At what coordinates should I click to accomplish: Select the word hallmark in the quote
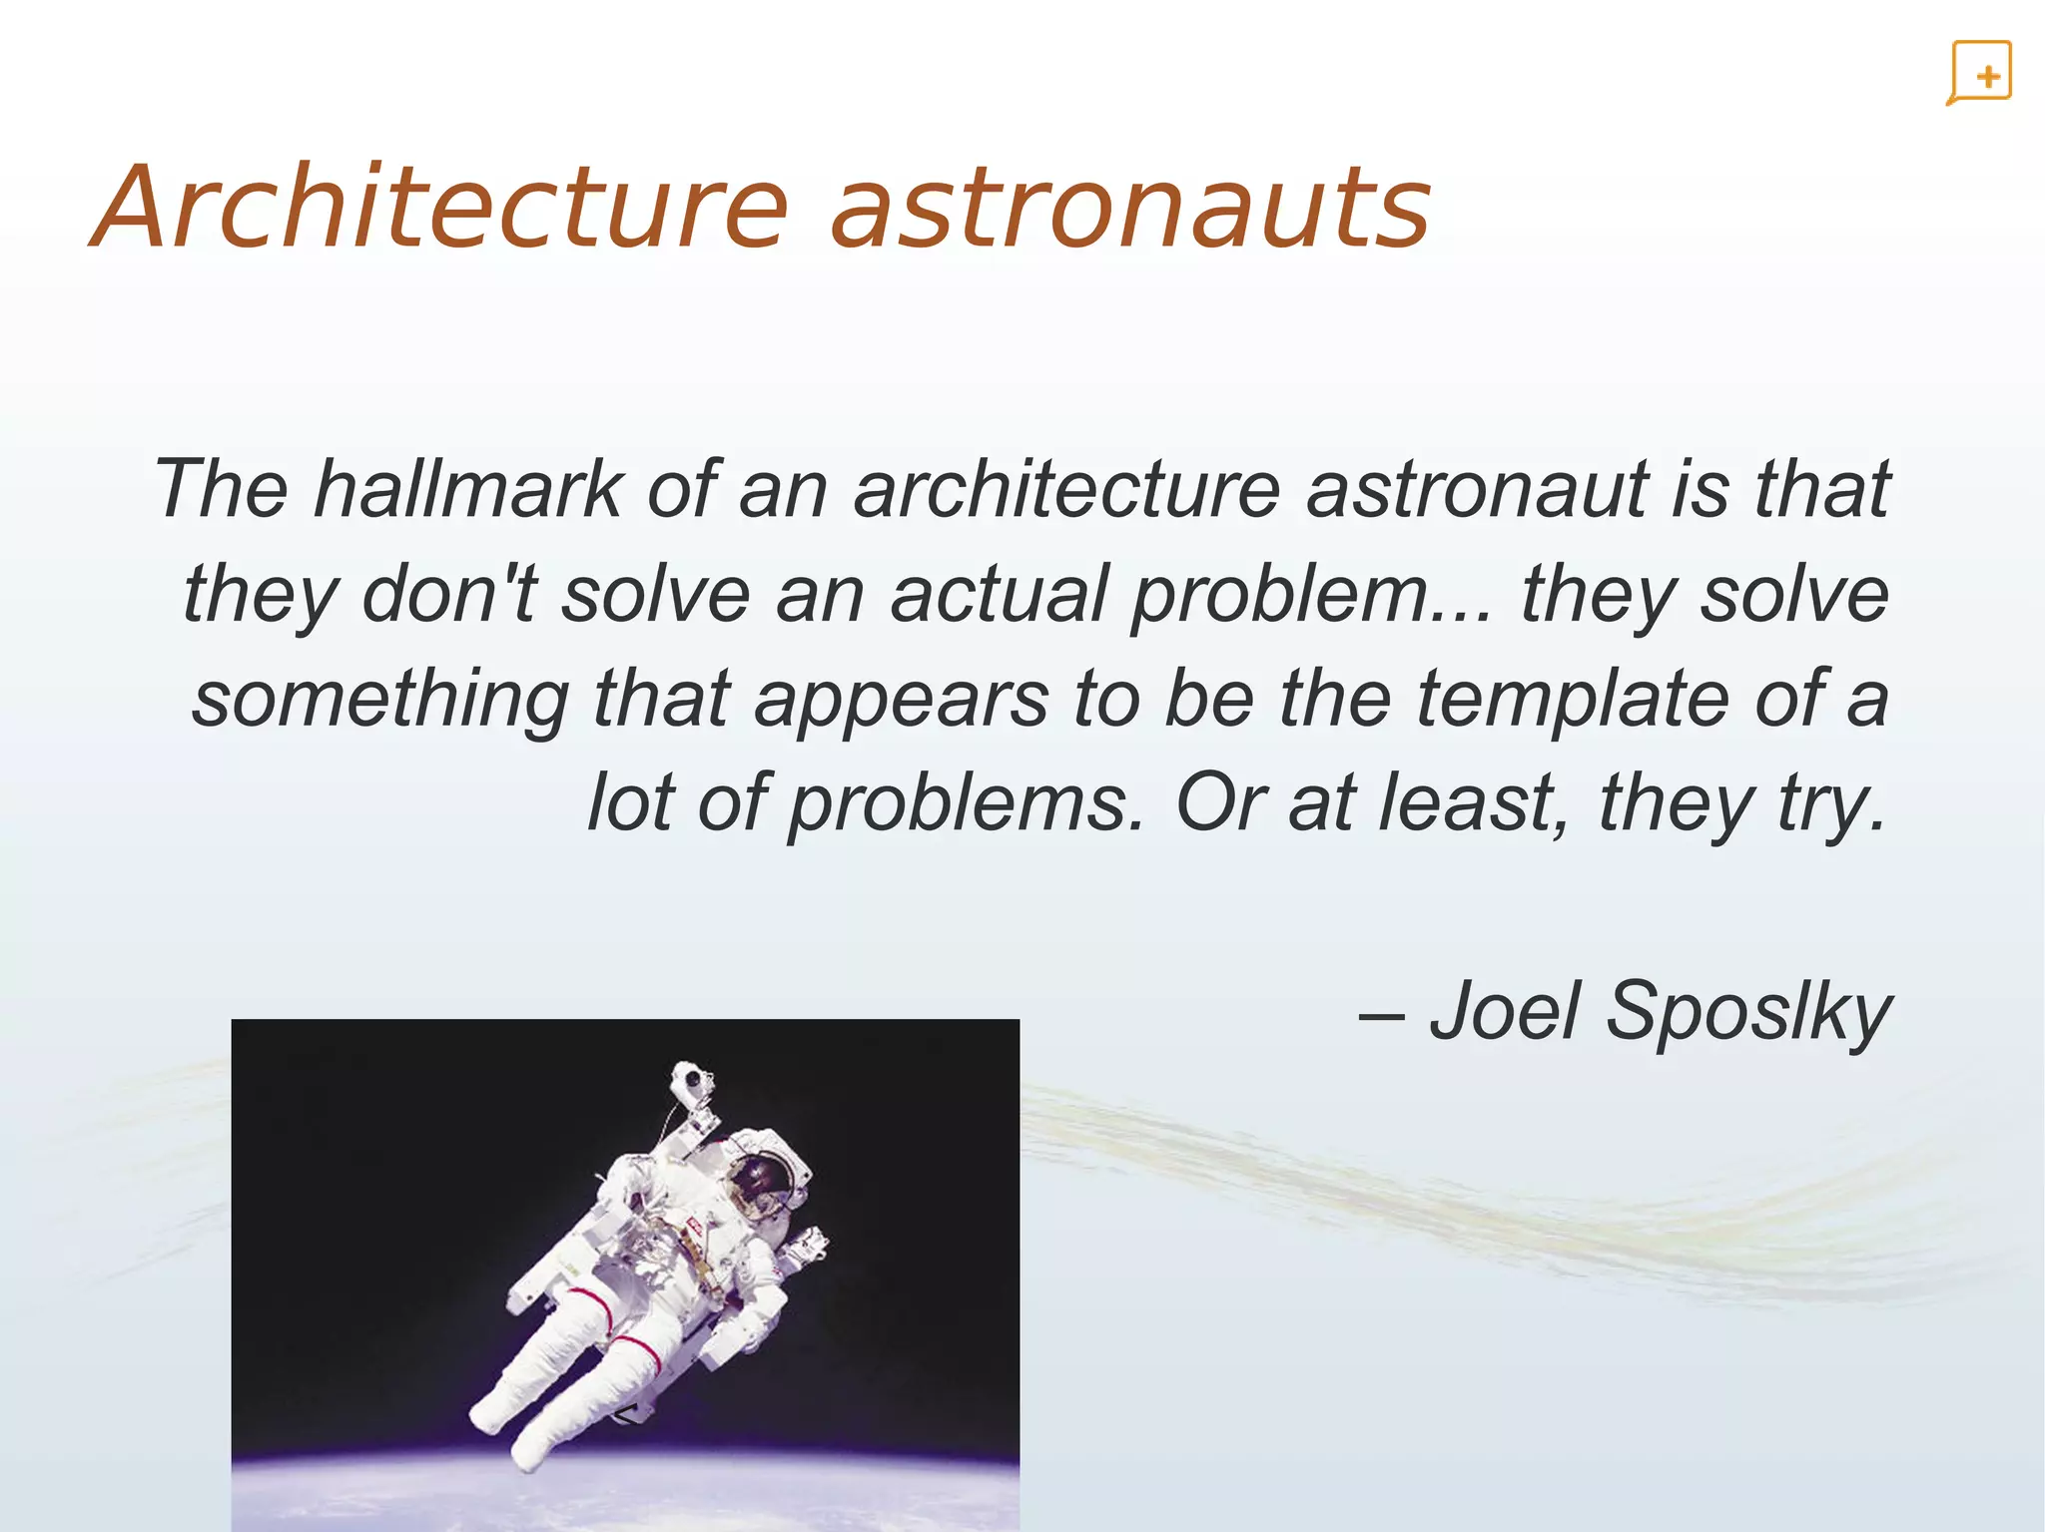coord(467,489)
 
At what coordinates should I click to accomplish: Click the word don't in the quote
coord(449,594)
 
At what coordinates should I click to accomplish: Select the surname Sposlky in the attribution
coord(1747,1012)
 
